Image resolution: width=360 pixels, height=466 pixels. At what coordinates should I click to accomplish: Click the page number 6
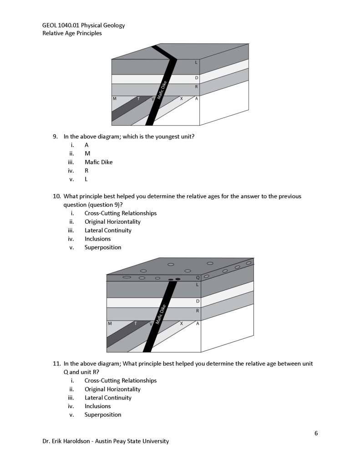coord(316,433)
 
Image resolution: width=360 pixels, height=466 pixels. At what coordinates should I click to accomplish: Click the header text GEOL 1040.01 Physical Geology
coord(83,25)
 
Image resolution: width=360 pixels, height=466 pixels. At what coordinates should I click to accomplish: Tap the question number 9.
coord(55,136)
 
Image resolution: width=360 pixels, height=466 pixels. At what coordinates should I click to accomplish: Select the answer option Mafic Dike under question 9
coord(98,162)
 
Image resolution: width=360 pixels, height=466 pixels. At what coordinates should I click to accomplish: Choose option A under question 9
coord(86,144)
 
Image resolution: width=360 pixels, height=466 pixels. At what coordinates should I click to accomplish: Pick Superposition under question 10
coord(103,247)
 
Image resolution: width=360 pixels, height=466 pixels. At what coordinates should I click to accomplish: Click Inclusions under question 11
coord(97,406)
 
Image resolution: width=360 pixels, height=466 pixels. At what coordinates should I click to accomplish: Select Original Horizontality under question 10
coord(112,221)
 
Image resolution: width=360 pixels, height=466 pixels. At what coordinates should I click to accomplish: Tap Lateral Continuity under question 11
coord(108,398)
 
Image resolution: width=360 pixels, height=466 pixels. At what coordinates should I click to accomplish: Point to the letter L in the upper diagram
coord(196,62)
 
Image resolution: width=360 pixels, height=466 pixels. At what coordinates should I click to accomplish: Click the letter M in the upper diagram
coord(114,98)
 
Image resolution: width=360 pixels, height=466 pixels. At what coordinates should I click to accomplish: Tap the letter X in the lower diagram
coord(181,323)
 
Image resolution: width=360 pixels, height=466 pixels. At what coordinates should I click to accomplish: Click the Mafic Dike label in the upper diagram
coord(162,90)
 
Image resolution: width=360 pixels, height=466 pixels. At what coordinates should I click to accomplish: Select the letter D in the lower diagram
coord(198,301)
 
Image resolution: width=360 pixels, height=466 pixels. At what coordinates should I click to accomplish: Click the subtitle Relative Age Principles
coord(72,33)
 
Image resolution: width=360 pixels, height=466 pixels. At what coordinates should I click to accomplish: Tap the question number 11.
coord(56,364)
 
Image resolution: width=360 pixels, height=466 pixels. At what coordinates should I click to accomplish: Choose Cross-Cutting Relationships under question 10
coord(120,213)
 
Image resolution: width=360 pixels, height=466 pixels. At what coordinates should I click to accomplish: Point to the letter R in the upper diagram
coord(196,87)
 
